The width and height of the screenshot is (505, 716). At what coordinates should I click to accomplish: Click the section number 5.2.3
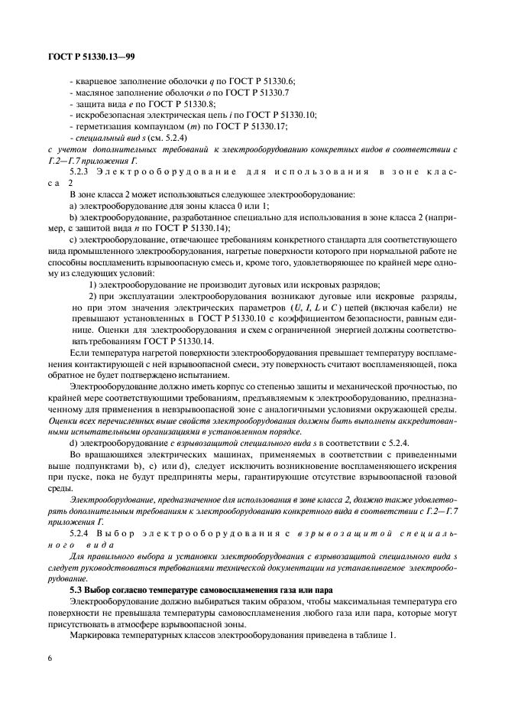pos(80,173)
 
